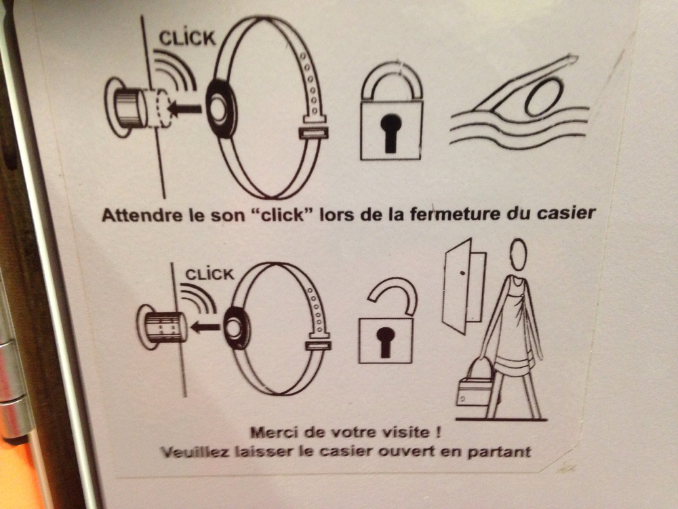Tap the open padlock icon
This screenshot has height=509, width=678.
[387, 321]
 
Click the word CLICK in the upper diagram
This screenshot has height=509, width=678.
[187, 39]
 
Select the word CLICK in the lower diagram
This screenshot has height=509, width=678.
[210, 274]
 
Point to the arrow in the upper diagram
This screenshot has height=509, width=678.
[184, 108]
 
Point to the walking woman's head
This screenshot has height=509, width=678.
[518, 255]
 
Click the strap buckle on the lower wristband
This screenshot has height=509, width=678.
[318, 345]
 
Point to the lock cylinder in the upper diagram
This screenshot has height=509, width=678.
[129, 108]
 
